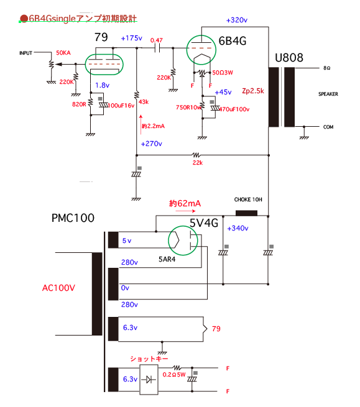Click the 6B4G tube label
coord(232,41)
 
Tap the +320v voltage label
coord(237,20)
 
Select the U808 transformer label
coord(289,58)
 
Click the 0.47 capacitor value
coord(156,40)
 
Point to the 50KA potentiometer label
coord(63,53)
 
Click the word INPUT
coord(25,53)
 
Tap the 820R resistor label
coord(79,104)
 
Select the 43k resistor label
coord(144,102)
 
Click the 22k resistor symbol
coord(196,155)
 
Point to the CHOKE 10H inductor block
coord(246,213)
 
